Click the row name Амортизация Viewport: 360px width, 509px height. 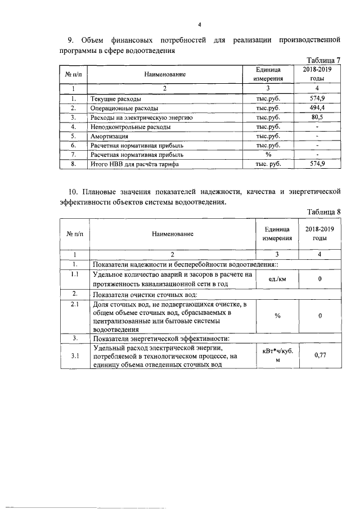109,136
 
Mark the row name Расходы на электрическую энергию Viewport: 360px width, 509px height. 142,117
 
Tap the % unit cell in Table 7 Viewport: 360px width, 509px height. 268,155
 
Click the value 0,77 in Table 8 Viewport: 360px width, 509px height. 319,355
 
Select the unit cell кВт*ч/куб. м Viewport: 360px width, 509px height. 277,355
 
